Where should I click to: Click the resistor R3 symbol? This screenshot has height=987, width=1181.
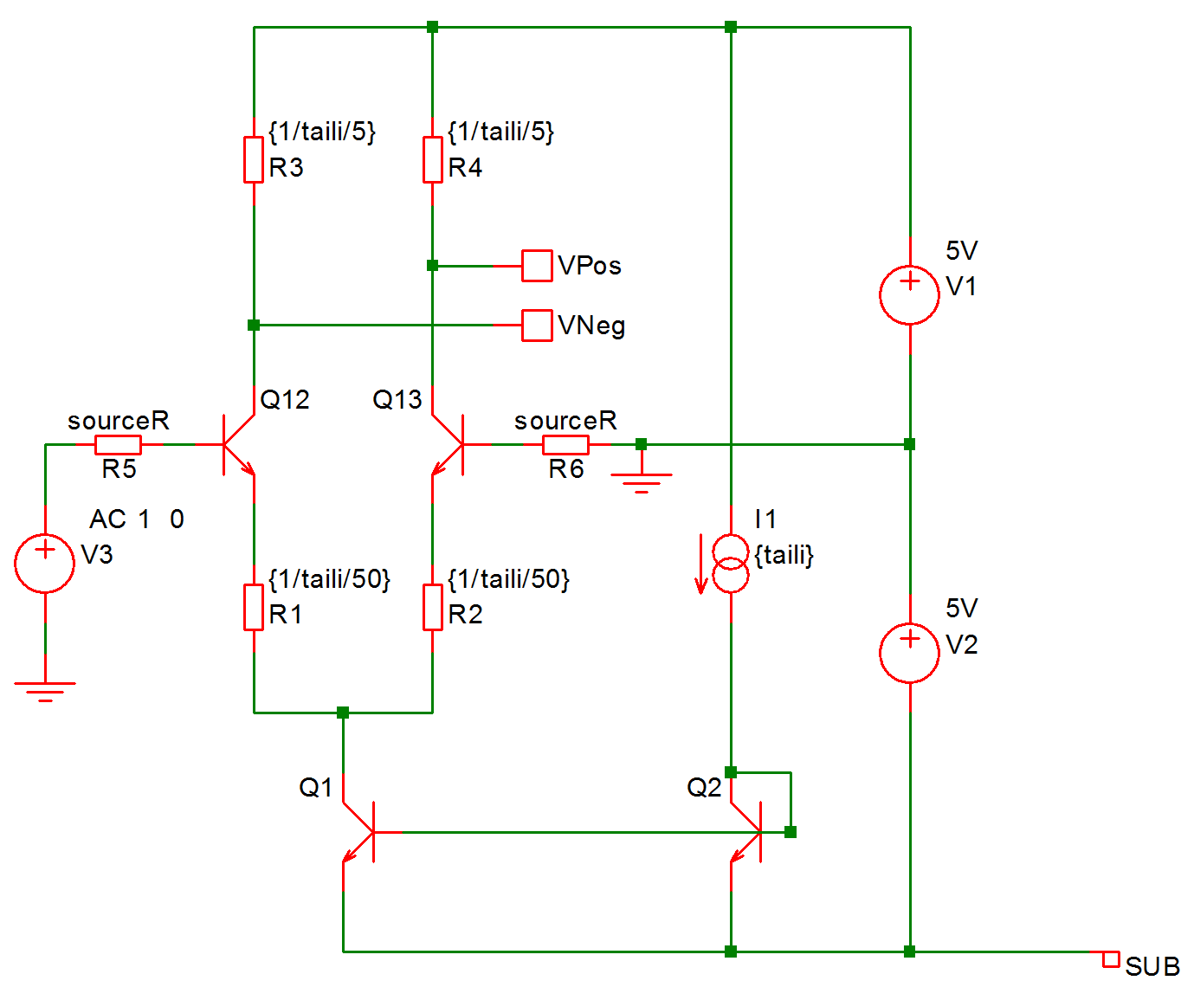click(254, 159)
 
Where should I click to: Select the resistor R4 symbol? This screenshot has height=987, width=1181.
click(432, 159)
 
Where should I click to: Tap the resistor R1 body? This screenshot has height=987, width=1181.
click(254, 606)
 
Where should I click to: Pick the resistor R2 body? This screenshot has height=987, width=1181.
click(432, 606)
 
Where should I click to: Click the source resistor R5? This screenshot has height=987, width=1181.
click(118, 444)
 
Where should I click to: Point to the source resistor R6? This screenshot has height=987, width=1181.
click(565, 444)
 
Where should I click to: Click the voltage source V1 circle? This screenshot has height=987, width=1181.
click(909, 294)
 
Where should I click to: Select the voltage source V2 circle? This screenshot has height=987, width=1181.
click(909, 653)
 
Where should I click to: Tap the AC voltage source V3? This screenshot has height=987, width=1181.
click(45, 563)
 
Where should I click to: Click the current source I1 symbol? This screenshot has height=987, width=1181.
click(731, 564)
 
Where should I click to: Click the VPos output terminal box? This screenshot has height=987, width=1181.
click(537, 266)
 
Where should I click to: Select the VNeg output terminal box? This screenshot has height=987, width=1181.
click(537, 326)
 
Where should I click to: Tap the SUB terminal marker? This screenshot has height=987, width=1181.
click(1110, 958)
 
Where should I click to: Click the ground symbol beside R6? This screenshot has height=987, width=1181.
click(641, 481)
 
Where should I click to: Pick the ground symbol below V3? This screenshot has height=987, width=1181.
click(45, 689)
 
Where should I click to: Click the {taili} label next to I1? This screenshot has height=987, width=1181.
click(784, 555)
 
